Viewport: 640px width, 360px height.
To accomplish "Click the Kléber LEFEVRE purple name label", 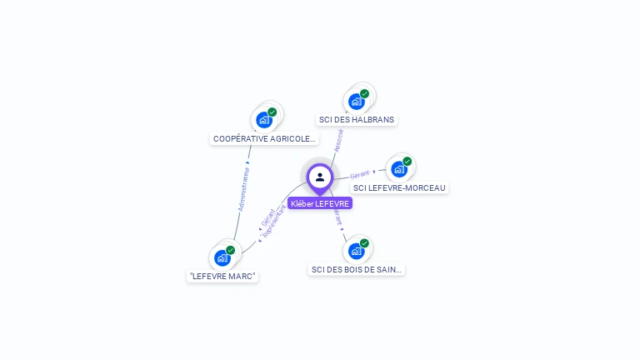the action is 320,203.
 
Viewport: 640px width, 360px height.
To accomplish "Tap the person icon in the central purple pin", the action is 320,177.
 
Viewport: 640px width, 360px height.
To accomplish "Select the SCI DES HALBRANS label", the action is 357,120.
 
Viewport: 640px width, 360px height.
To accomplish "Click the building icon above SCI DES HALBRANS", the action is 357,102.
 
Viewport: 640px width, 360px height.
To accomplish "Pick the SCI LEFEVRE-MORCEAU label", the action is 399,188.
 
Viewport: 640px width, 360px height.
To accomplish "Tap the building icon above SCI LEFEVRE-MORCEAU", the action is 399,169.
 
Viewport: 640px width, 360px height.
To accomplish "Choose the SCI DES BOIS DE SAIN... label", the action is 357,270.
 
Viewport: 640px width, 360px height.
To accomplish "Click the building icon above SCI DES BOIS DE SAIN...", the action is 357,250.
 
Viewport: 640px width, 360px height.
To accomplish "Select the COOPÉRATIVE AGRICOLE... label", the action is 264,139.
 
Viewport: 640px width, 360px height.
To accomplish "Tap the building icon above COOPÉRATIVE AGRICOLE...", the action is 264,119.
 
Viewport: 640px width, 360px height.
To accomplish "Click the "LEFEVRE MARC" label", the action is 222,277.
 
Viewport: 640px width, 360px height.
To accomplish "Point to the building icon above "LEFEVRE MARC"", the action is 222,257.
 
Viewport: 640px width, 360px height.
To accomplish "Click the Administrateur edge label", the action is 244,187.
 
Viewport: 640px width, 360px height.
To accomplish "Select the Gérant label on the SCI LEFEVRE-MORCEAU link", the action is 360,175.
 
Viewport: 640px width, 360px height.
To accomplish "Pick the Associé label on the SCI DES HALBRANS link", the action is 338,140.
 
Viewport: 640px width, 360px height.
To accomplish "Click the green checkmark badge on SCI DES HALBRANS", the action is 364,94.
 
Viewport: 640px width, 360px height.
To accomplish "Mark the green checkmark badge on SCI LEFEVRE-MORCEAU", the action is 407,162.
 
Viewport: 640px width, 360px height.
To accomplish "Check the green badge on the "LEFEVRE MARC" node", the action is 230,250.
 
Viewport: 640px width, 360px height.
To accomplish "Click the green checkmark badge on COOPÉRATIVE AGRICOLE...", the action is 272,112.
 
